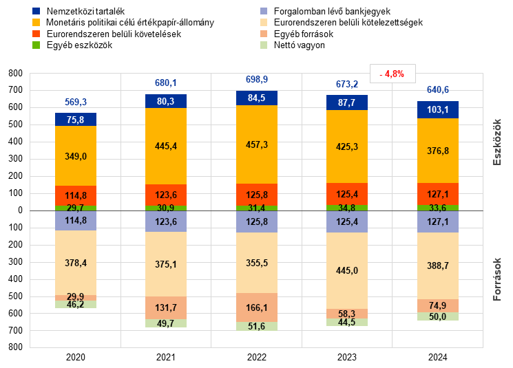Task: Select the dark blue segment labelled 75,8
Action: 76,120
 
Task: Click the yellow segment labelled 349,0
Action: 76,156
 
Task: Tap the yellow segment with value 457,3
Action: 257,144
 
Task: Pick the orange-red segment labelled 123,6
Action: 166,195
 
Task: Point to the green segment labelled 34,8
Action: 347,208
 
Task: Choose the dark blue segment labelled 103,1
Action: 438,110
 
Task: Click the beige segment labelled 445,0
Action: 347,270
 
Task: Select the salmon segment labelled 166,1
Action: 257,307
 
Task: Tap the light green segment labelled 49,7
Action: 166,323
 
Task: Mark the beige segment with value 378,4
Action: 76,263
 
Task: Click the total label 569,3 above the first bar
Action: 76,102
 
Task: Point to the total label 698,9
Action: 257,80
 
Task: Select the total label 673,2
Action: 347,85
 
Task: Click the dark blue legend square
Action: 36,11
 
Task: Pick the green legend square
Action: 36,45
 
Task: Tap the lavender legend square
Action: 264,11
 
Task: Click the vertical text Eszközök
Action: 496,142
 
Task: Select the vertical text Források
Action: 496,279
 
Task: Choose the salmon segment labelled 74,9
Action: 438,306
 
